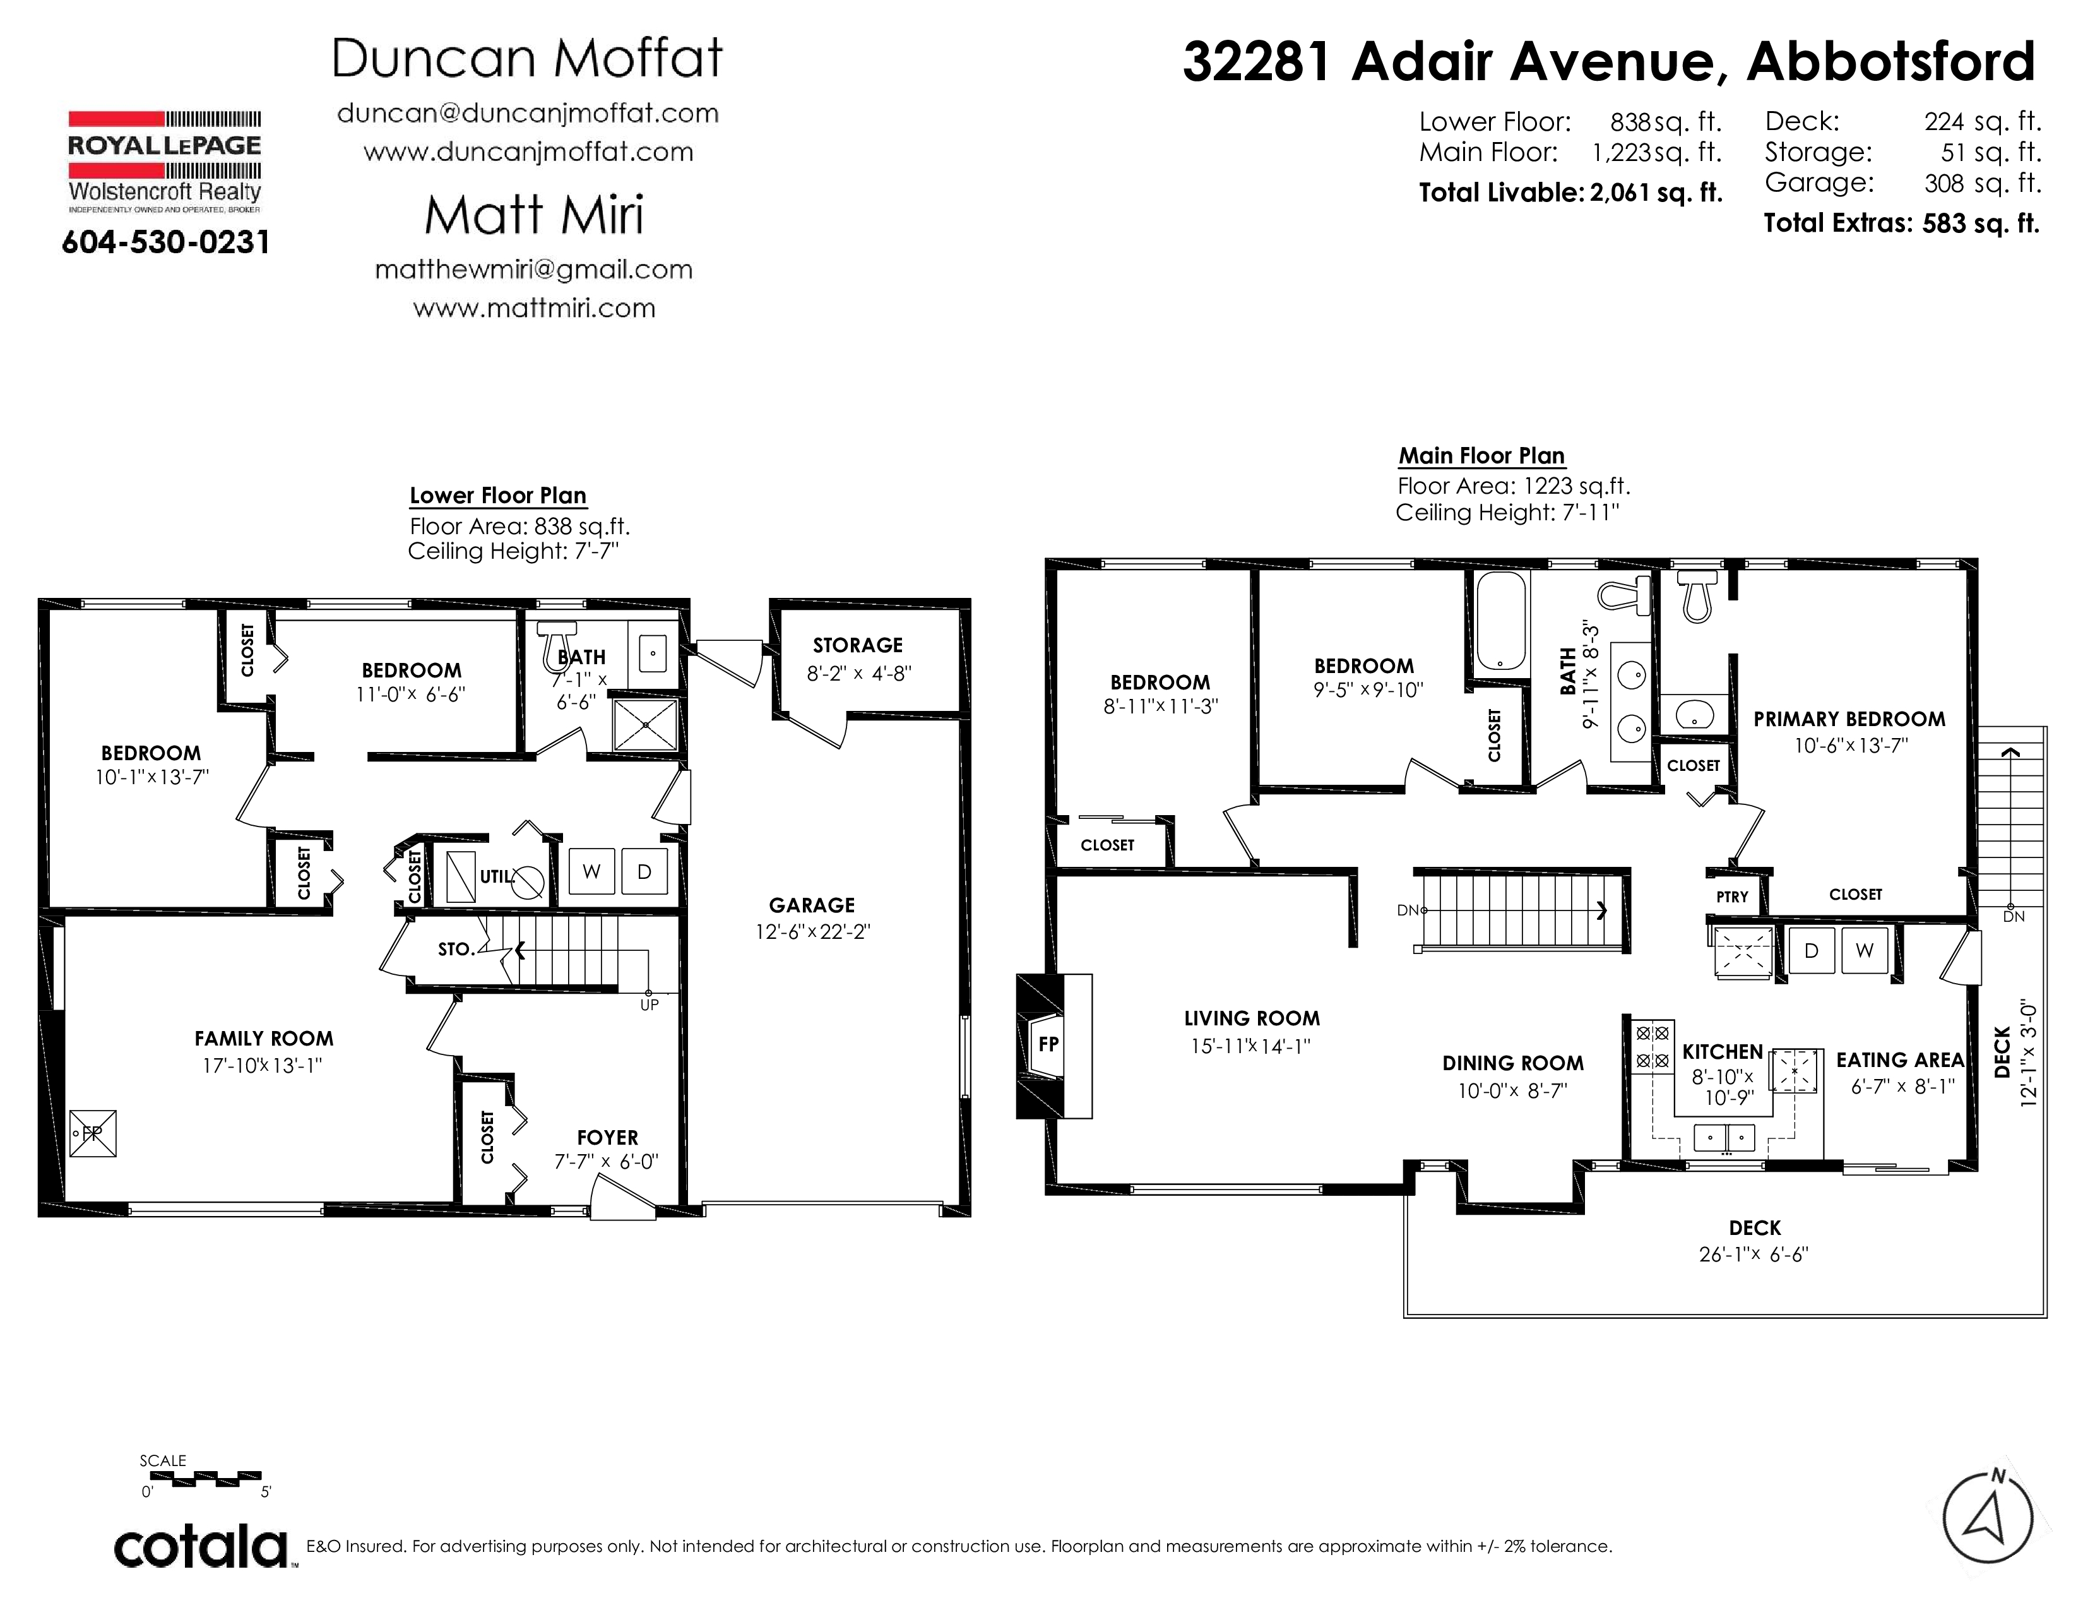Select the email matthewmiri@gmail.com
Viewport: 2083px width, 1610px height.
pos(534,270)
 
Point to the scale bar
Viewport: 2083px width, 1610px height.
pos(205,1479)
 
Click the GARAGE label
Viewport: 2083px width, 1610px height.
pos(812,905)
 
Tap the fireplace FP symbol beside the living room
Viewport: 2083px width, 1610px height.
pos(1048,1044)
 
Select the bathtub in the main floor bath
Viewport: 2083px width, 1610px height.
pos(1500,621)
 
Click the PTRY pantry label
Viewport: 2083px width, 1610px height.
pos(1732,897)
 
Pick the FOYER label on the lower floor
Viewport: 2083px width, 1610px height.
pos(607,1138)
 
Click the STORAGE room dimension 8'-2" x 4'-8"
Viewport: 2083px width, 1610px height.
pos(858,674)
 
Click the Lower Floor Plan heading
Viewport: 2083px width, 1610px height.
pos(498,496)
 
